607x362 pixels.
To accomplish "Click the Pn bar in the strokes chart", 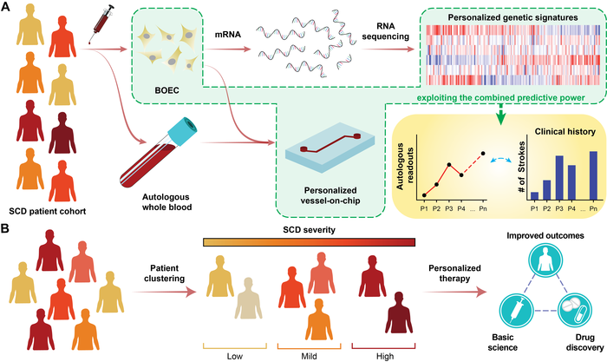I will pos(593,174).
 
